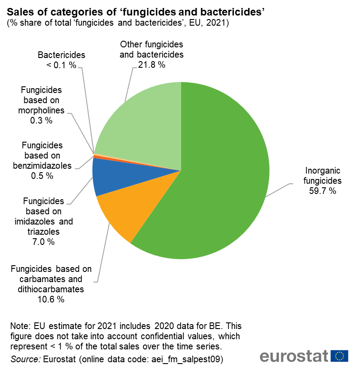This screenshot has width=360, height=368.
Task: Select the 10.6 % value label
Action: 51,299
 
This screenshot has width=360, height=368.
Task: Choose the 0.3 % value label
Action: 42,120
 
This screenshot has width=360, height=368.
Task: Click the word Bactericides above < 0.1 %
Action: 62,55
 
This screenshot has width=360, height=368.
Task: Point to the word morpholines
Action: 42,110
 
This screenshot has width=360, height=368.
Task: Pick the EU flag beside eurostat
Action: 340,356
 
